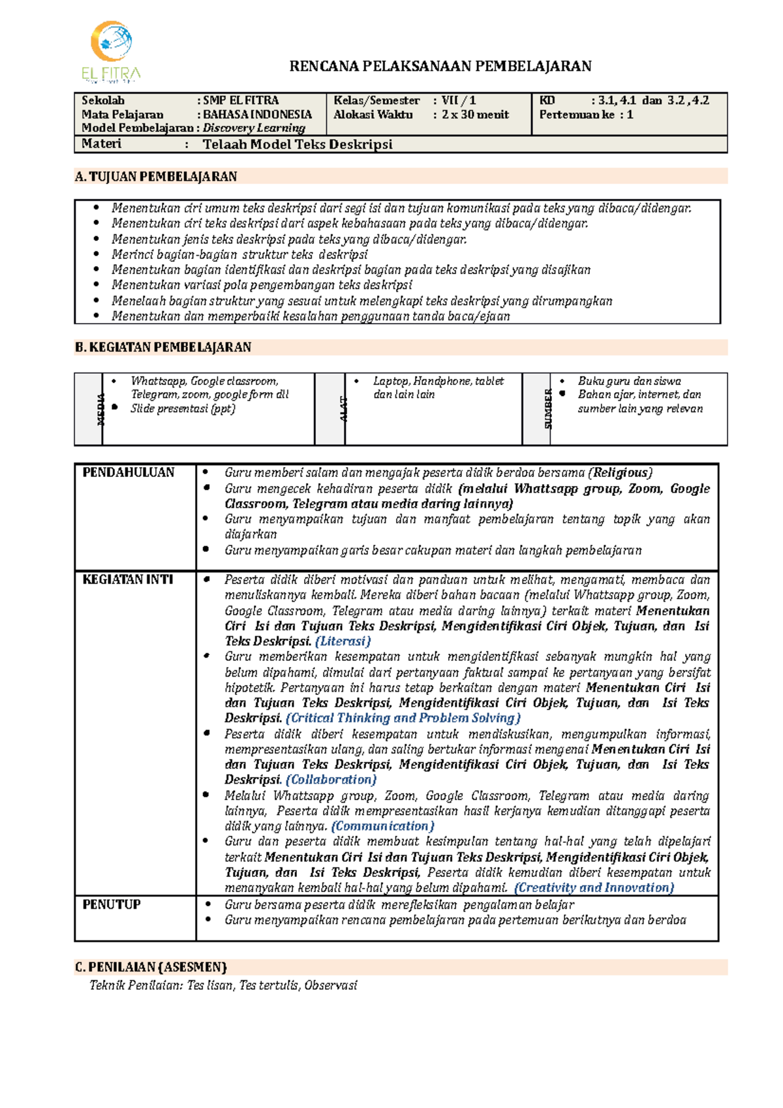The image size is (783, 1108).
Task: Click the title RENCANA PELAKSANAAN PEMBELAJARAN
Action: point(440,66)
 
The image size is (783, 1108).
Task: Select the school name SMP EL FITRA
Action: point(241,100)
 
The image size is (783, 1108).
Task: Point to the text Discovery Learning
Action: point(254,128)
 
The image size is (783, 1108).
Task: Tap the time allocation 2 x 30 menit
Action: point(475,114)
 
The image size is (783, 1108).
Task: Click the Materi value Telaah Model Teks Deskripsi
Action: point(298,144)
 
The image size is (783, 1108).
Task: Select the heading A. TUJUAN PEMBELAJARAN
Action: point(156,176)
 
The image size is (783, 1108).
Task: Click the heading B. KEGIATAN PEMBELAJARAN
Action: point(163,347)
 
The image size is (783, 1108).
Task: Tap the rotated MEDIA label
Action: point(101,409)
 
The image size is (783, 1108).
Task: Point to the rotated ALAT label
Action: point(343,409)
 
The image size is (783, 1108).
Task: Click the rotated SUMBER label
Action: point(548,409)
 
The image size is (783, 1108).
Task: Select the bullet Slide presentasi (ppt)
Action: point(183,408)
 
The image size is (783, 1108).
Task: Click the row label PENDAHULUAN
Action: point(129,472)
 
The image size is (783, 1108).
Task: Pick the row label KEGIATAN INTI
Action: point(128,579)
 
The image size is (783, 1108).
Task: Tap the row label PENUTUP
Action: point(112,904)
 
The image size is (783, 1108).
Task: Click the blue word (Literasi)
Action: point(343,641)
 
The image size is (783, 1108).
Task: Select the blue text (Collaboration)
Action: point(331,780)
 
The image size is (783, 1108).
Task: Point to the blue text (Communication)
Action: point(383,826)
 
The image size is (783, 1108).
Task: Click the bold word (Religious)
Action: point(620,473)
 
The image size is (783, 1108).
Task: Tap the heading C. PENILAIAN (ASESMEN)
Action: point(151,967)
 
